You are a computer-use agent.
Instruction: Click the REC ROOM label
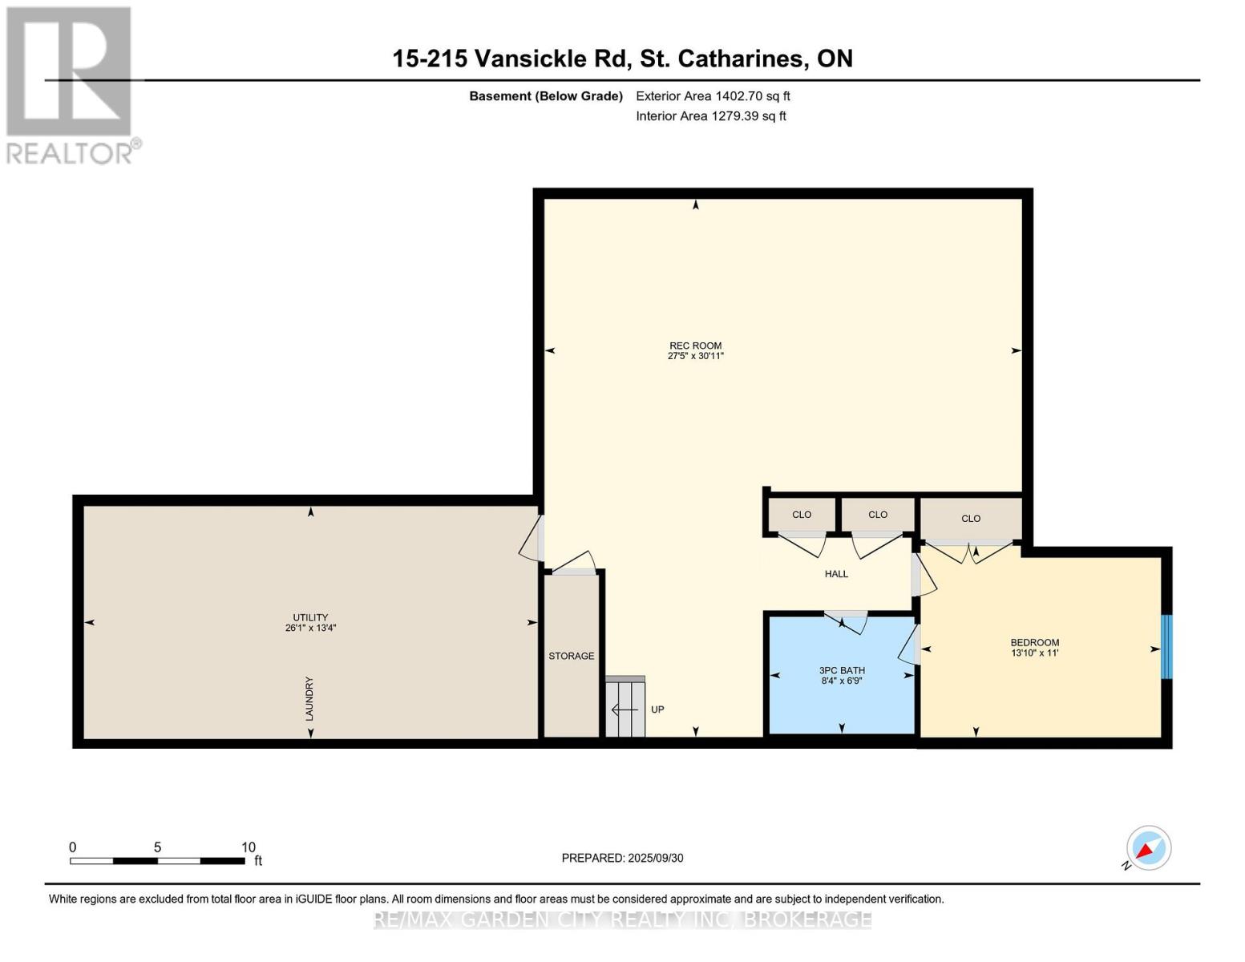click(695, 346)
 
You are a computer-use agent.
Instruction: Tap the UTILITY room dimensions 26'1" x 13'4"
click(310, 629)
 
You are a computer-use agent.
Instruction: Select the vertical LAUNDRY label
click(309, 698)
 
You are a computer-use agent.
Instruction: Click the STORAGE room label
click(571, 656)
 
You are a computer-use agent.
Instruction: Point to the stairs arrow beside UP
click(625, 709)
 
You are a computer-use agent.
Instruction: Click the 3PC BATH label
click(841, 670)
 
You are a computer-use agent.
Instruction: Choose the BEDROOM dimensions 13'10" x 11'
click(1034, 653)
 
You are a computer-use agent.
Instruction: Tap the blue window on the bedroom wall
click(1166, 646)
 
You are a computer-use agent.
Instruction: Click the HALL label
click(836, 574)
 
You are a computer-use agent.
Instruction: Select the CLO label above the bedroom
click(971, 519)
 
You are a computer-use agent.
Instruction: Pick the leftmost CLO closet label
click(802, 515)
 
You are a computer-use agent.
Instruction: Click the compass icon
click(1148, 848)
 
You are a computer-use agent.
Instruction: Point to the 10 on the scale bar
click(249, 847)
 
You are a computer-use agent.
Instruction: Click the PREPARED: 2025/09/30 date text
click(622, 858)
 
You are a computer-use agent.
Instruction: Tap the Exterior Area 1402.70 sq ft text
click(713, 96)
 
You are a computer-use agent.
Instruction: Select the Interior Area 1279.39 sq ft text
click(710, 116)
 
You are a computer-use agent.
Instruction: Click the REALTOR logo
click(71, 84)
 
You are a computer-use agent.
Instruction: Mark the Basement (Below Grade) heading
click(545, 96)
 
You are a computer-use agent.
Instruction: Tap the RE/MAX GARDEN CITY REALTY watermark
click(622, 920)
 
